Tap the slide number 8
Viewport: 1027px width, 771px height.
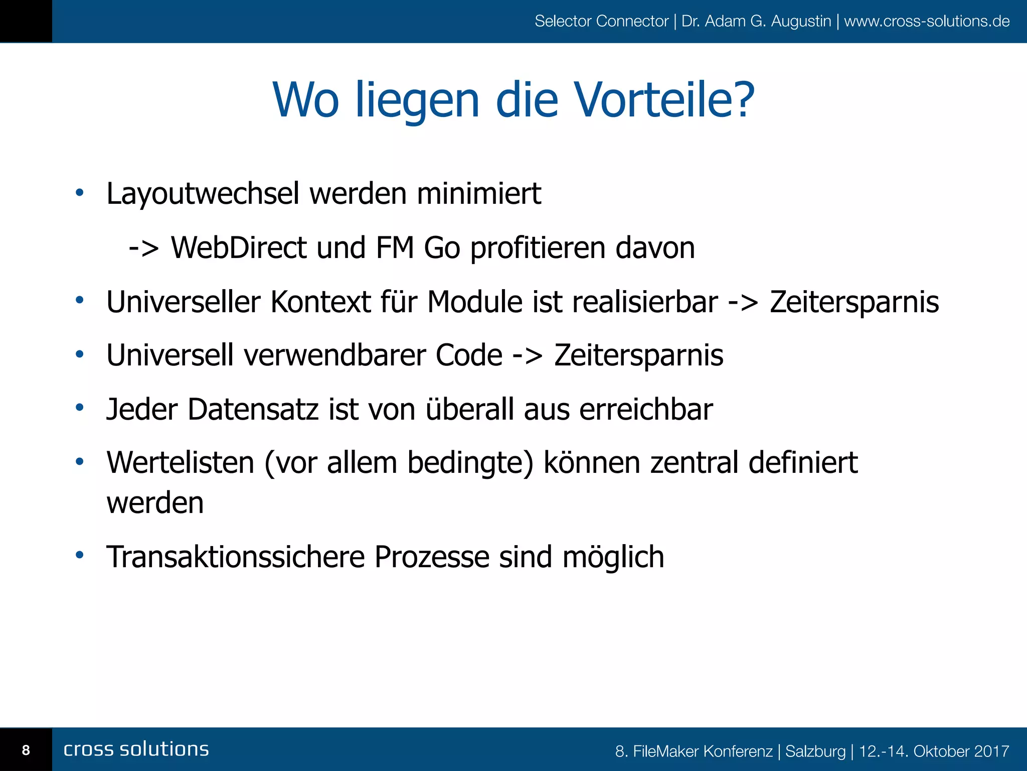(x=26, y=750)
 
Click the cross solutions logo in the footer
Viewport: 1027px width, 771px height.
(x=136, y=749)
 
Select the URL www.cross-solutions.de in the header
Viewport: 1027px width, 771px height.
(x=926, y=21)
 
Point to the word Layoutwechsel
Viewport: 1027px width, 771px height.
(x=203, y=194)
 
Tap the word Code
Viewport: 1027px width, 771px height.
(x=468, y=355)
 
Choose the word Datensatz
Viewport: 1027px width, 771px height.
(x=253, y=409)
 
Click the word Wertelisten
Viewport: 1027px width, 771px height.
(x=181, y=462)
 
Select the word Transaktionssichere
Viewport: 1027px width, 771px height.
(x=235, y=557)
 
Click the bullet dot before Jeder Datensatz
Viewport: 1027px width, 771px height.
(x=79, y=407)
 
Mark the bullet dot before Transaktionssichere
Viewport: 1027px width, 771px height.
(x=79, y=555)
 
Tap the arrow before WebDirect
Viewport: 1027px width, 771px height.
(x=143, y=248)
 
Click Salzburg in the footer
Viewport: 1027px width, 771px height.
(x=815, y=751)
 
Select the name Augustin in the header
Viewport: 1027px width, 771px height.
(x=801, y=21)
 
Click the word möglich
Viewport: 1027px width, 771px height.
(x=613, y=557)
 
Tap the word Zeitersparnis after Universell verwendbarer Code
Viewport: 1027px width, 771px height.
(x=638, y=355)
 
